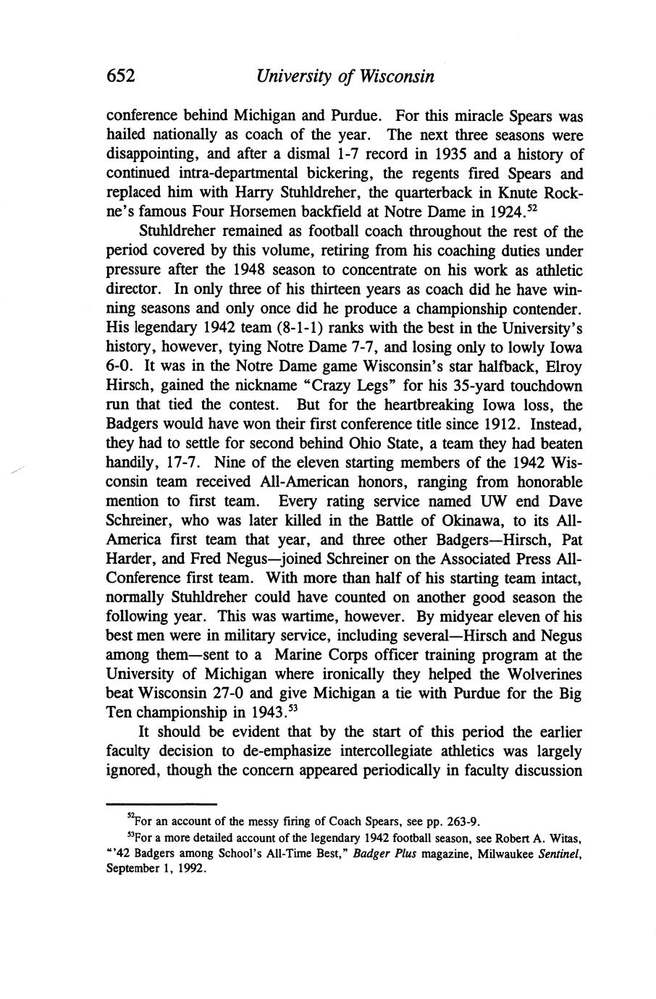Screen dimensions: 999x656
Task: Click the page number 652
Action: point(122,76)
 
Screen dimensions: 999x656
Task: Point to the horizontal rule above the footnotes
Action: point(161,804)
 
